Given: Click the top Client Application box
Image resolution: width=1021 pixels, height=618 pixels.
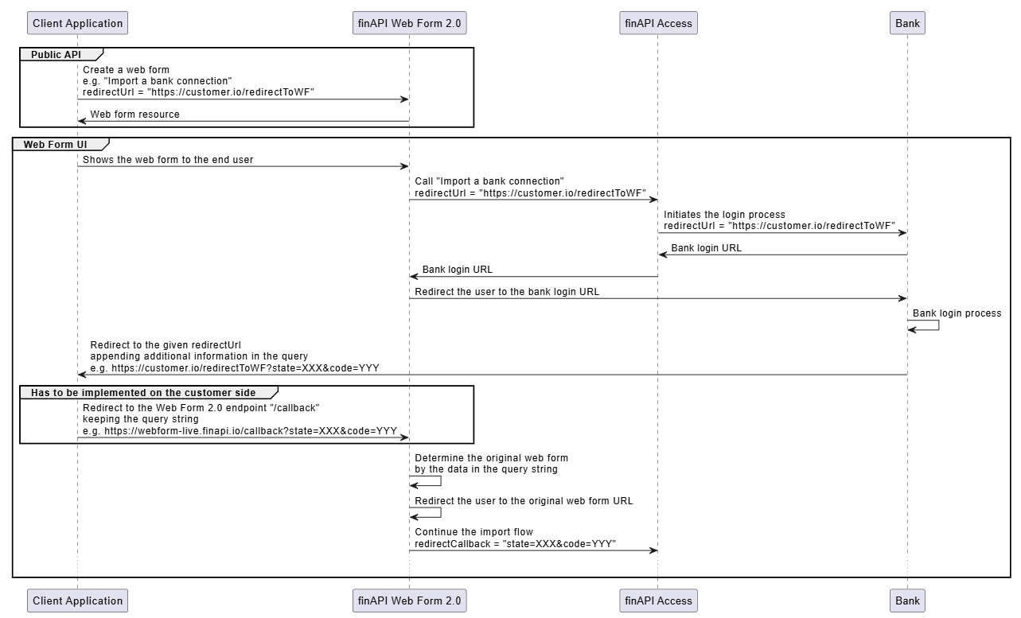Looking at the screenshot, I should click(x=77, y=23).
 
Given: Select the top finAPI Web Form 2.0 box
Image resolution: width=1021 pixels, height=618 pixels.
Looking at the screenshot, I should click(x=408, y=23).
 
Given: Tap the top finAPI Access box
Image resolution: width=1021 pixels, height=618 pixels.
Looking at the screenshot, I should click(x=658, y=23).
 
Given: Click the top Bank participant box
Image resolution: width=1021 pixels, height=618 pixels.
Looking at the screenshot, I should click(x=907, y=23).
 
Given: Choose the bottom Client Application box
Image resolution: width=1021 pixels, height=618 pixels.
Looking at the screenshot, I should click(x=77, y=601).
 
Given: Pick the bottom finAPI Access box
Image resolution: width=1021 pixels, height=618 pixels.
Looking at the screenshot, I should click(x=658, y=601).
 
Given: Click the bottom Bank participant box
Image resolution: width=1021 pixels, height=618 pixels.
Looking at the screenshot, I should click(x=907, y=601).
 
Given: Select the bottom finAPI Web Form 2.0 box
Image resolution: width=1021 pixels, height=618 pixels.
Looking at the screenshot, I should click(x=408, y=601).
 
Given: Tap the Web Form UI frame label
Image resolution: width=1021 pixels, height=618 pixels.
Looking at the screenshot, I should click(x=55, y=144).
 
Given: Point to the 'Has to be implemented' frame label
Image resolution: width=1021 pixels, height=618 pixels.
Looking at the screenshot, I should click(x=143, y=392).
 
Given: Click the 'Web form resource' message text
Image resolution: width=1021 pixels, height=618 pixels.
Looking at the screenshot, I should click(x=134, y=115).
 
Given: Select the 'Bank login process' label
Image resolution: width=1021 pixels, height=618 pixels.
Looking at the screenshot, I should click(x=957, y=313).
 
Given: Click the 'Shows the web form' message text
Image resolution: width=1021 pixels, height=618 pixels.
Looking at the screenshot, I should click(x=168, y=160).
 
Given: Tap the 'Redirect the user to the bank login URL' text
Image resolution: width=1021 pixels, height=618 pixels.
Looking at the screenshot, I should click(x=507, y=292).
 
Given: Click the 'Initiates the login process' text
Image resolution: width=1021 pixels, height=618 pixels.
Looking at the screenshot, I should click(x=724, y=215).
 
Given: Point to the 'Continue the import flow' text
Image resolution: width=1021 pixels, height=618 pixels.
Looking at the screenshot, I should click(x=473, y=532).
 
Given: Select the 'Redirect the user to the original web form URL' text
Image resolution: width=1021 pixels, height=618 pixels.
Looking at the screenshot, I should click(x=524, y=501).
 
